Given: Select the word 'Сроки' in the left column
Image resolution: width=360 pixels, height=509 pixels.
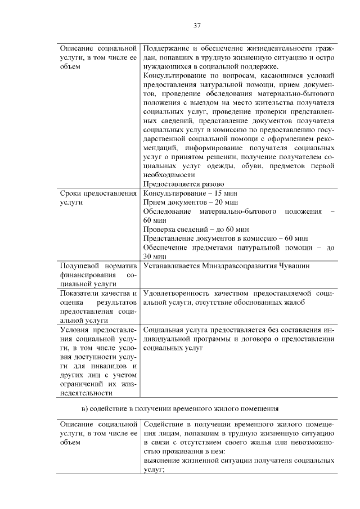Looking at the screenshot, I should tap(70, 193).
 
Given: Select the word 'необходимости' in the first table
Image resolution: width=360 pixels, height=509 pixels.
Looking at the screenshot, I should tap(170, 175).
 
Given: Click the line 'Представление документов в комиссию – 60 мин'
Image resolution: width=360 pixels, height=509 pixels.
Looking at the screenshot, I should tap(226, 238).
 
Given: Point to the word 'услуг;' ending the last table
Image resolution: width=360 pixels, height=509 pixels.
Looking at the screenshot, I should tap(154, 470).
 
